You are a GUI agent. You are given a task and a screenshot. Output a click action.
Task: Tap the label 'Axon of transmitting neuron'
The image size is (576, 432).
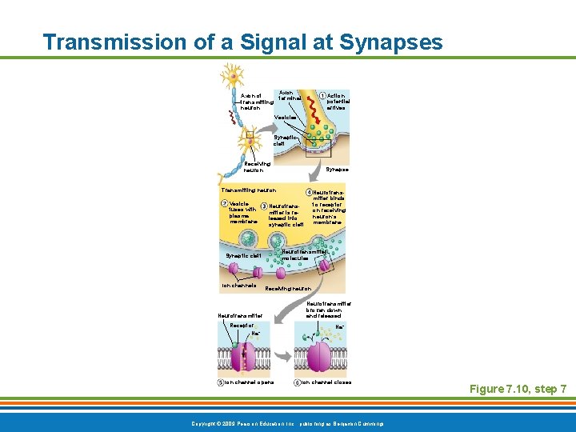(257, 102)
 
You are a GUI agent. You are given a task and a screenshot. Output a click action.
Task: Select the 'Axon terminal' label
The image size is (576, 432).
(289, 94)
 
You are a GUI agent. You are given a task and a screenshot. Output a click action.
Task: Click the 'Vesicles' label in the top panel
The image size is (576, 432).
(286, 118)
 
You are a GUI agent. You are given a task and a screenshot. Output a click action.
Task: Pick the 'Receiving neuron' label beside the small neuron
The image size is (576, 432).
(257, 166)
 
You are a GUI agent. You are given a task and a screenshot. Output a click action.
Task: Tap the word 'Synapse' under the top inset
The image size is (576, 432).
(338, 170)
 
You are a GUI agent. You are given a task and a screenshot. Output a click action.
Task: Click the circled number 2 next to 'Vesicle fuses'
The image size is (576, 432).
(224, 203)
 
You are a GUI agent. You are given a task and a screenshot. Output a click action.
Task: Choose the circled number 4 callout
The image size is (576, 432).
(308, 192)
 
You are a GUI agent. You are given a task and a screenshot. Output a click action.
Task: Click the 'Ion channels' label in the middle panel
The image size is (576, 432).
(238, 286)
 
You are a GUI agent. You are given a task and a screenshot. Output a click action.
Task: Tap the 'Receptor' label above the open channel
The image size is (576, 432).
(242, 326)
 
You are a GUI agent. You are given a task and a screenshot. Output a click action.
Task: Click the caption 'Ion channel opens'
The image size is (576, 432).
(248, 382)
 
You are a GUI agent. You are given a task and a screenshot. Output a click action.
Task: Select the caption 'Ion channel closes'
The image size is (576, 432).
(325, 382)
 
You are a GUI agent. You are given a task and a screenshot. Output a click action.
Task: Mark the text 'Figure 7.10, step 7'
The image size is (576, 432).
(518, 389)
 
